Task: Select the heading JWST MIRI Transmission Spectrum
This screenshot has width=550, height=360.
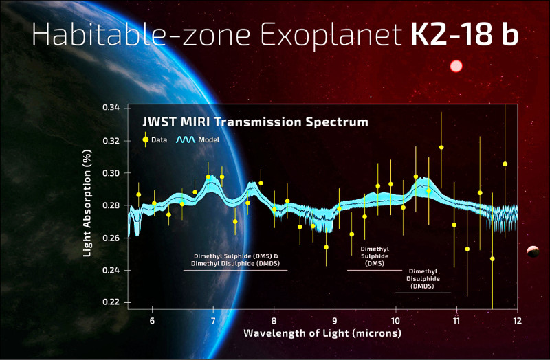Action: (x=255, y=122)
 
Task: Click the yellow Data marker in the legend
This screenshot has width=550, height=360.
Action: (x=145, y=139)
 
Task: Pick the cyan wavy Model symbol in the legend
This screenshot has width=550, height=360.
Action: (x=184, y=139)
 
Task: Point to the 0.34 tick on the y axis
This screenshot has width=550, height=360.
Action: (x=110, y=109)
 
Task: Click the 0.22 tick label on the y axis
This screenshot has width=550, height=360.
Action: (x=110, y=302)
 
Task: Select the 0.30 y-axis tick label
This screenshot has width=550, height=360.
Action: (x=110, y=173)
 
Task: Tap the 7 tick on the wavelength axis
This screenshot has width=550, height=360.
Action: (x=213, y=319)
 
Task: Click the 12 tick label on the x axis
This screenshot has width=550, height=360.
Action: (x=516, y=319)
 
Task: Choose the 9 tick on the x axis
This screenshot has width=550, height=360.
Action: (x=335, y=319)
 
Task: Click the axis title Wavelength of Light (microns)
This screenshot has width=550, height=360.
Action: (x=322, y=333)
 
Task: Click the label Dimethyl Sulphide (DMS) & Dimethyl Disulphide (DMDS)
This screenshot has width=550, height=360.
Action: (x=235, y=259)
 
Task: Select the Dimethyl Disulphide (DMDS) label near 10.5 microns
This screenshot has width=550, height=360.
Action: (x=423, y=279)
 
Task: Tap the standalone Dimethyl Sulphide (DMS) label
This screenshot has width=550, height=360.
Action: (x=374, y=255)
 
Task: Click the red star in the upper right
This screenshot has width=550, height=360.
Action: (x=455, y=67)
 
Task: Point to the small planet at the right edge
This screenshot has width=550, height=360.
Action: (x=533, y=252)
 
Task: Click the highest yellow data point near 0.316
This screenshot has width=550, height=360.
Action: (x=441, y=147)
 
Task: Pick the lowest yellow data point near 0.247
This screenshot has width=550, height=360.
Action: (x=492, y=258)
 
